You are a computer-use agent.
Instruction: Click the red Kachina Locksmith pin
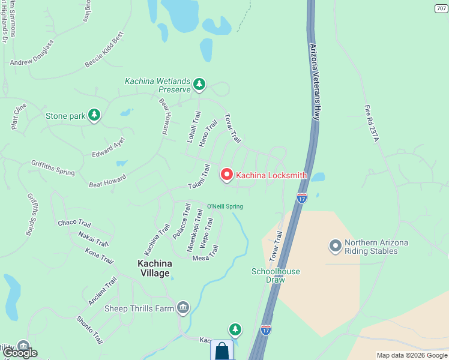227,175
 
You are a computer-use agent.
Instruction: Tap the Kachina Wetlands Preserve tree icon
199,85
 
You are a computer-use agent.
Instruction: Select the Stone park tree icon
94,115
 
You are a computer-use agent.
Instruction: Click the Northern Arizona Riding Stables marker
335,246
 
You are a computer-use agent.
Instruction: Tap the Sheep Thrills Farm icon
183,308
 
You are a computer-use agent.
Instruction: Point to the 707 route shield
441,8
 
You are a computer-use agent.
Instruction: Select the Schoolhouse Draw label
275,275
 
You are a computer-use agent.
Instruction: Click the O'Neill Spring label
224,206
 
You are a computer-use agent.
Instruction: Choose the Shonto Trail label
88,331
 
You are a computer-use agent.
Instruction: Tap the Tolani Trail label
199,178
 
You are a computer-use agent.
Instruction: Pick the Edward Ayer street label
108,147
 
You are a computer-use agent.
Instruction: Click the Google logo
20,352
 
